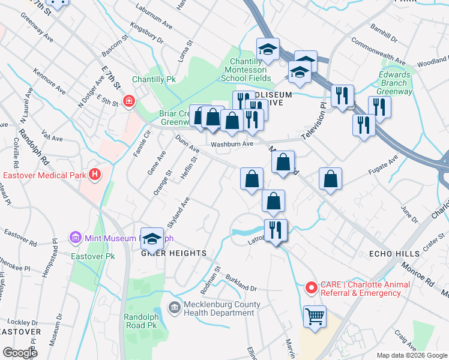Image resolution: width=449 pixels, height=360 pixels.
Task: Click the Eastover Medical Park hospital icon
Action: (94, 175)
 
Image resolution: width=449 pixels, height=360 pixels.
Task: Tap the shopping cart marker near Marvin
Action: (315, 317)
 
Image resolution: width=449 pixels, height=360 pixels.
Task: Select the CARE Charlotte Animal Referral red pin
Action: (312, 288)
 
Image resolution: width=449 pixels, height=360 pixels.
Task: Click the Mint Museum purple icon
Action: (76, 238)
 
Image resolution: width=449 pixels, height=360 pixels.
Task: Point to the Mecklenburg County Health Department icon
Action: (174, 308)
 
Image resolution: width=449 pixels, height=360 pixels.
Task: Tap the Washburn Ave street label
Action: (232, 144)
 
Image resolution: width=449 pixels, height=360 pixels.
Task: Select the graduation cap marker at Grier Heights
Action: (152, 238)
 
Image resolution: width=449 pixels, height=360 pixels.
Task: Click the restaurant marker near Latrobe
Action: (276, 231)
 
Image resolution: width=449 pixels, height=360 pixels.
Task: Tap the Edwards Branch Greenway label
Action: (396, 83)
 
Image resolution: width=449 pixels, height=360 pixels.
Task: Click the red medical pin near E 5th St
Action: (128, 101)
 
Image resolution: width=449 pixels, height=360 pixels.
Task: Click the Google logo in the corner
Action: (20, 353)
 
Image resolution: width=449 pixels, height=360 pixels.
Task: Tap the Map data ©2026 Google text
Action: (412, 355)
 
